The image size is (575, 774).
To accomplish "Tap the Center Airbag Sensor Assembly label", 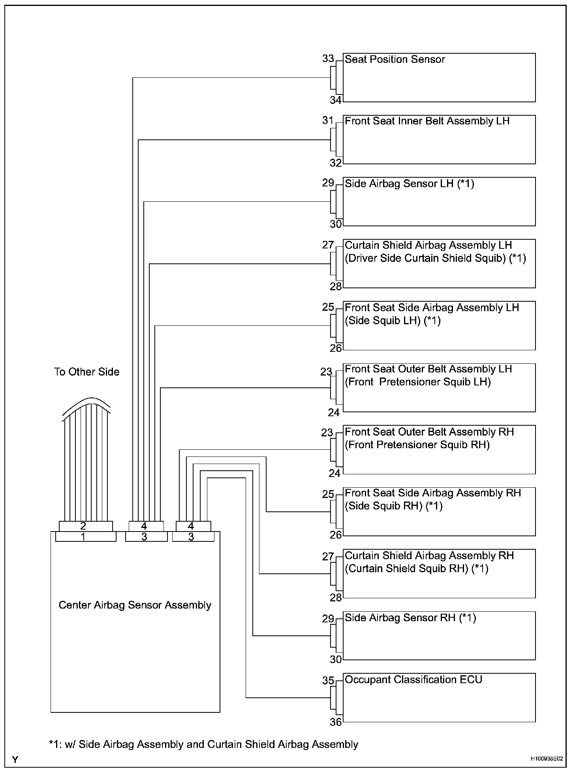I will [135, 605].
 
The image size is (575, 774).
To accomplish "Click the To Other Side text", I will [87, 372].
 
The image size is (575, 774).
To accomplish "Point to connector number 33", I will [328, 59].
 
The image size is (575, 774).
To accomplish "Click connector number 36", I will [336, 722].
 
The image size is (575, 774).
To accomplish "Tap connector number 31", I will [328, 120].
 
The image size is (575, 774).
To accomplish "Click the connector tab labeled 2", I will [86, 526].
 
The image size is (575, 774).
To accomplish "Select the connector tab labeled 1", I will [86, 537].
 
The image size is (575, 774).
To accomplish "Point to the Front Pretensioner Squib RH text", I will [417, 445].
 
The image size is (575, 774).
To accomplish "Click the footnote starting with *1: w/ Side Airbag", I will [203, 744].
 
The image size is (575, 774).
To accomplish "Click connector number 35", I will [328, 681].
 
